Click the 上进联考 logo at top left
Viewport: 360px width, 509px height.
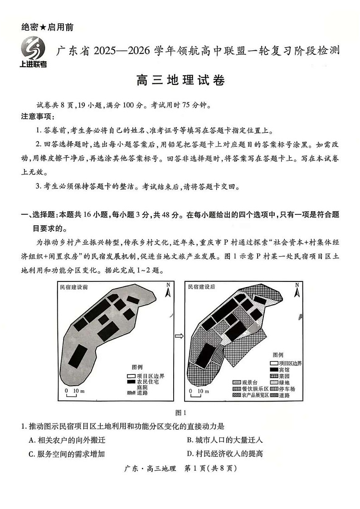tap(33, 51)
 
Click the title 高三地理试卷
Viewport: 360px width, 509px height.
tap(180, 82)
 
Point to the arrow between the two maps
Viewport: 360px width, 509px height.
tap(180, 336)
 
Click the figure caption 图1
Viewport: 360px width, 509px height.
tap(180, 412)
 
